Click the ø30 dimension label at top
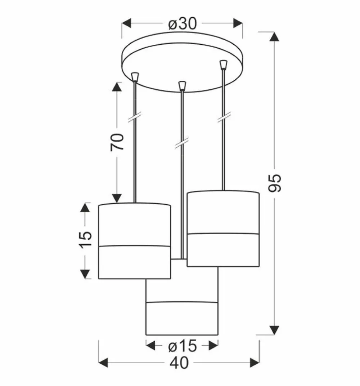[x=183, y=24]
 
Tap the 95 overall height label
[x=275, y=183]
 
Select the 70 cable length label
[x=117, y=142]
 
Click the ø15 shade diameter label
[x=183, y=346]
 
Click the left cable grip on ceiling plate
[x=135, y=76]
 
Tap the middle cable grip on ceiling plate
[x=182, y=86]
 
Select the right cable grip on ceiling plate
[x=224, y=65]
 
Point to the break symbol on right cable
[x=224, y=118]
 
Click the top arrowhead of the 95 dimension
[x=275, y=37]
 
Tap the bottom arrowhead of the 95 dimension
[x=275, y=329]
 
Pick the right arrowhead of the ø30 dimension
[x=237, y=24]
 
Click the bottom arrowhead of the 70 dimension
[x=117, y=198]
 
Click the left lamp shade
[x=134, y=241]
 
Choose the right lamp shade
[x=223, y=229]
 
